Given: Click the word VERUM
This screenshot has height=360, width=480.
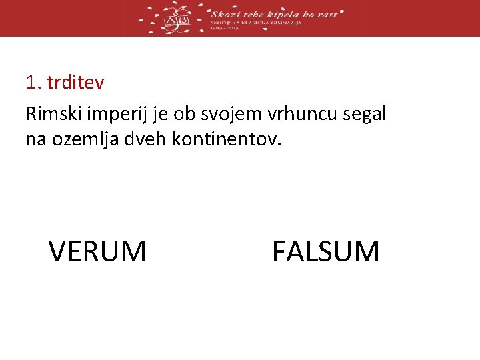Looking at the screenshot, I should (x=97, y=252).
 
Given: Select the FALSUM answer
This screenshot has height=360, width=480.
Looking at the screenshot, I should (x=325, y=252).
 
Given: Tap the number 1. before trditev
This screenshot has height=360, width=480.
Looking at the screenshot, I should (x=34, y=83).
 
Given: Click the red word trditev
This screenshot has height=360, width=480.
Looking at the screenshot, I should (x=76, y=83).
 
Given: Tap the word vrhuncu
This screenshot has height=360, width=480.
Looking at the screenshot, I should (x=304, y=115).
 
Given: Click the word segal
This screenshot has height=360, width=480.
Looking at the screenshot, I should (x=364, y=115).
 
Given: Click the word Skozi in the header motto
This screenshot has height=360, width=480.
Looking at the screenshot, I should (x=225, y=13).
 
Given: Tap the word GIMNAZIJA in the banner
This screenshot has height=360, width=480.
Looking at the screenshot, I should (x=285, y=22).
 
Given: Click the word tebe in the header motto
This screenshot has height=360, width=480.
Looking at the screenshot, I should (x=253, y=13).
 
